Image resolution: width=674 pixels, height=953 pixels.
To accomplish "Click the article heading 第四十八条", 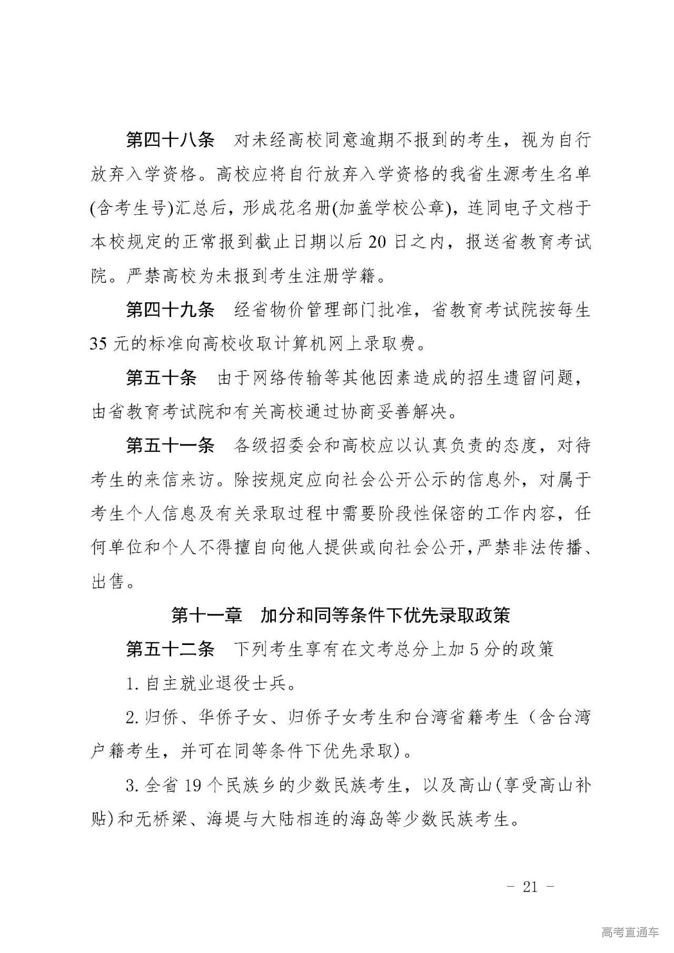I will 170,141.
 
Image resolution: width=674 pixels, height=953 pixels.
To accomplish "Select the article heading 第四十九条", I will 170,310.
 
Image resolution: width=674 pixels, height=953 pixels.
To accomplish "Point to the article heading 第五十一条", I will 170,446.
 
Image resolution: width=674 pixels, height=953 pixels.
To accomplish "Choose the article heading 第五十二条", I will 170,650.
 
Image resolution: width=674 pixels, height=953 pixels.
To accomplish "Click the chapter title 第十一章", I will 206,615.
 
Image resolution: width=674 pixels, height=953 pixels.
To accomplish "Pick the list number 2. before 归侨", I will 132,718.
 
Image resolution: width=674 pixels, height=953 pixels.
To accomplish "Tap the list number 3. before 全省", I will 132,786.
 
